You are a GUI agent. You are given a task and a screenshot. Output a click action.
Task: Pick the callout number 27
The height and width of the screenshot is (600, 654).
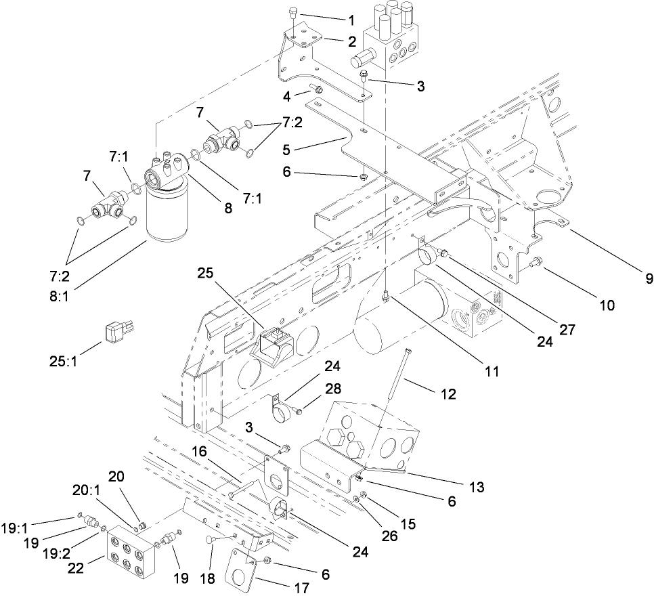pos(567,329)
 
